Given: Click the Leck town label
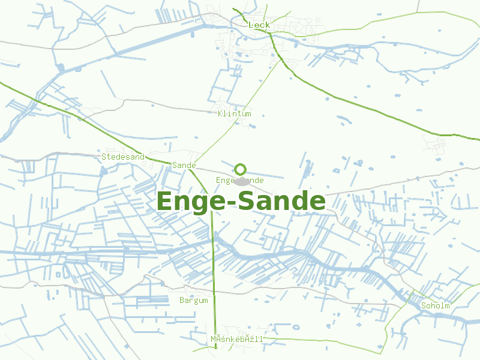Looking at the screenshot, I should pyautogui.click(x=259, y=25).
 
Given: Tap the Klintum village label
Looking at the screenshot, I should pyautogui.click(x=235, y=113).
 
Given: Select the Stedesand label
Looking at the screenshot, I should pyautogui.click(x=123, y=157).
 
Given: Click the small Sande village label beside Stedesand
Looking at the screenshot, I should pyautogui.click(x=184, y=165).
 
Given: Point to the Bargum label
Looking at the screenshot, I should pyautogui.click(x=193, y=300).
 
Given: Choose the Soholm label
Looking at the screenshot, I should pyautogui.click(x=436, y=305).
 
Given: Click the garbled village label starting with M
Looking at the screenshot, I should pyautogui.click(x=236, y=339).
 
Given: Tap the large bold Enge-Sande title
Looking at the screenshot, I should pyautogui.click(x=241, y=201).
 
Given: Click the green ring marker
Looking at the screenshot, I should pyautogui.click(x=241, y=169).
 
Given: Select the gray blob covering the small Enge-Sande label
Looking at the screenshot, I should pyautogui.click(x=242, y=181).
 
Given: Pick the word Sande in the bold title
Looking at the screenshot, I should pyautogui.click(x=281, y=201).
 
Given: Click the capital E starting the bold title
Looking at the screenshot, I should pyautogui.click(x=164, y=201).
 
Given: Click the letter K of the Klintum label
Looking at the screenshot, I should pyautogui.click(x=221, y=113).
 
